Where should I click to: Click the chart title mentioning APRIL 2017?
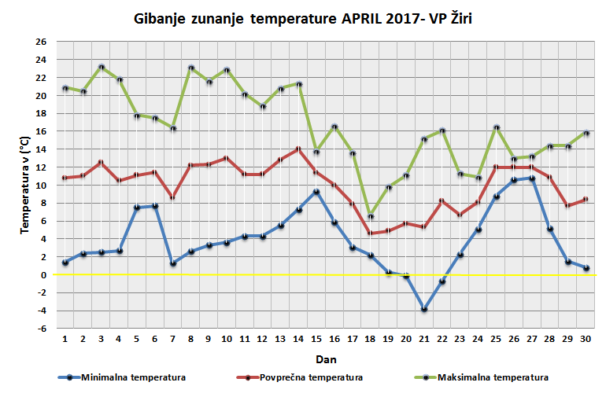click(303, 18)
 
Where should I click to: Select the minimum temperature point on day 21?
click(423, 310)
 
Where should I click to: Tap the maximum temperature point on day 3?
click(102, 67)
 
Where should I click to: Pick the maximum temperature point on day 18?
click(370, 216)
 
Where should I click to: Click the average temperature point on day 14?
click(298, 149)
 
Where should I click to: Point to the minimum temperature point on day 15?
click(316, 192)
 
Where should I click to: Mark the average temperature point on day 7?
click(173, 198)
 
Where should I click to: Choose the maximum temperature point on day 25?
click(496, 127)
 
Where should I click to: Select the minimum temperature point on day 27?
click(531, 178)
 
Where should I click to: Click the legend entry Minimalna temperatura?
click(126, 377)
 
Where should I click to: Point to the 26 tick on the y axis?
click(41, 41)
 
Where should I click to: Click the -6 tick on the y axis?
click(41, 329)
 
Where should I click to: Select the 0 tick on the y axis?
click(44, 275)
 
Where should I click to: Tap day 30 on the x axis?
click(585, 340)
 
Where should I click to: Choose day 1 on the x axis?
click(65, 340)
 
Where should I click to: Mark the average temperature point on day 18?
click(370, 233)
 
